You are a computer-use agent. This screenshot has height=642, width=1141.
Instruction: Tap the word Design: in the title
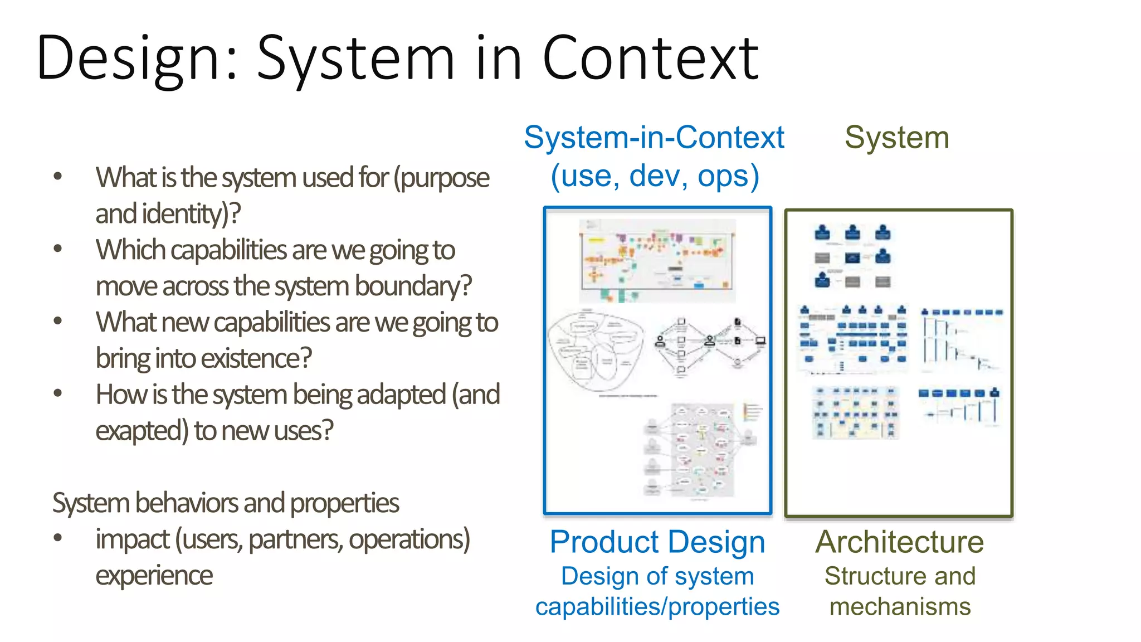tap(137, 59)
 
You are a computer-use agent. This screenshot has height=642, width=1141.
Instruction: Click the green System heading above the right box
tap(896, 137)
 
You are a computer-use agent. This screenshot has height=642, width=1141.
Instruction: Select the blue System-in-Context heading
tap(654, 137)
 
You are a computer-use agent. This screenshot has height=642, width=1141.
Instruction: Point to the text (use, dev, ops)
tap(655, 176)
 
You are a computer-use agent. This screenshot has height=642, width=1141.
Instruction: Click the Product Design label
tap(657, 542)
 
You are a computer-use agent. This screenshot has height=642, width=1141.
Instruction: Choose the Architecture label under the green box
tap(899, 542)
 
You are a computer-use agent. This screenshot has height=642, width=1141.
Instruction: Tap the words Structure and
tap(900, 576)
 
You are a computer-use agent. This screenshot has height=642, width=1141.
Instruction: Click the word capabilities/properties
tap(657, 607)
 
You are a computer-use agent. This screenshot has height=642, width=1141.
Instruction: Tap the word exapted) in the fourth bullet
tap(142, 431)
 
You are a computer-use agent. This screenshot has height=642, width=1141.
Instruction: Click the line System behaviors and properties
tap(226, 503)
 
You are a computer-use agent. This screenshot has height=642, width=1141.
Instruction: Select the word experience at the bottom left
tap(154, 576)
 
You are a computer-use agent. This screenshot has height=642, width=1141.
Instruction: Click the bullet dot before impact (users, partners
tap(57, 538)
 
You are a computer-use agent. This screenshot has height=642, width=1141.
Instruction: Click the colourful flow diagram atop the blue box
tap(657, 260)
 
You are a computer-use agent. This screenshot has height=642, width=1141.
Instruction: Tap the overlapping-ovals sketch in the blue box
tap(595, 351)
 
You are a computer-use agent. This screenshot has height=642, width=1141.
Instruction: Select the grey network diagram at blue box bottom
tap(699, 450)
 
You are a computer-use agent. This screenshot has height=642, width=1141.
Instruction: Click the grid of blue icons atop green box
tap(852, 257)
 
